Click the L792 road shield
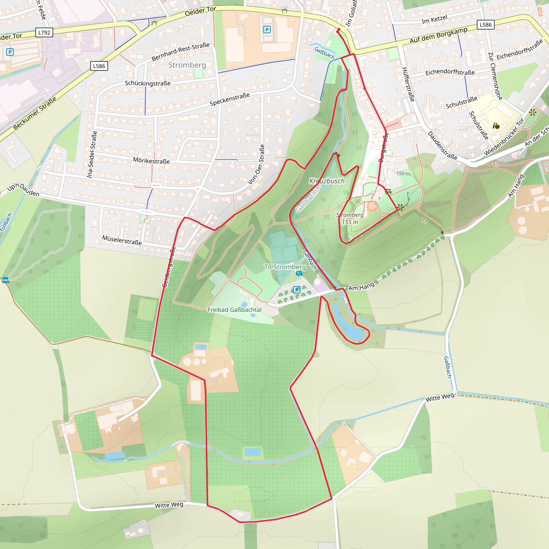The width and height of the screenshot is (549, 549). (x=44, y=33)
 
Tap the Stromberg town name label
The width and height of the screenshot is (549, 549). (x=187, y=65)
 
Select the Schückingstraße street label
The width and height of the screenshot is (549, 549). (x=148, y=83)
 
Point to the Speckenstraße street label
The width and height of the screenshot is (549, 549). (x=230, y=99)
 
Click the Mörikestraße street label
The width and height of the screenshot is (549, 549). (x=151, y=161)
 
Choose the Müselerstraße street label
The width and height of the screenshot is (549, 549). (x=122, y=240)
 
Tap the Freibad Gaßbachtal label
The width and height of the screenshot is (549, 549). (x=235, y=310)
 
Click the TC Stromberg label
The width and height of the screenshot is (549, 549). (x=285, y=267)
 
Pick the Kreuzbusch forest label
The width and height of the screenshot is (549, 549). (x=327, y=181)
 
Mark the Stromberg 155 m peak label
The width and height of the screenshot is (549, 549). (x=350, y=218)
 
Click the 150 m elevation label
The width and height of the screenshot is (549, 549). (x=403, y=173)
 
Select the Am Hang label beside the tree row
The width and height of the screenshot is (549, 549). (x=361, y=287)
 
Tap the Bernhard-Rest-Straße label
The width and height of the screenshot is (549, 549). (x=180, y=52)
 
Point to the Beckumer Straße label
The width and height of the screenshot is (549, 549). (x=35, y=113)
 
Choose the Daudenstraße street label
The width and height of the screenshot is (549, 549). (x=442, y=146)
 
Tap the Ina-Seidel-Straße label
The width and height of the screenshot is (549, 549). (x=92, y=155)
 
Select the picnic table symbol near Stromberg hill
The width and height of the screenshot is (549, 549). (x=388, y=192)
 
